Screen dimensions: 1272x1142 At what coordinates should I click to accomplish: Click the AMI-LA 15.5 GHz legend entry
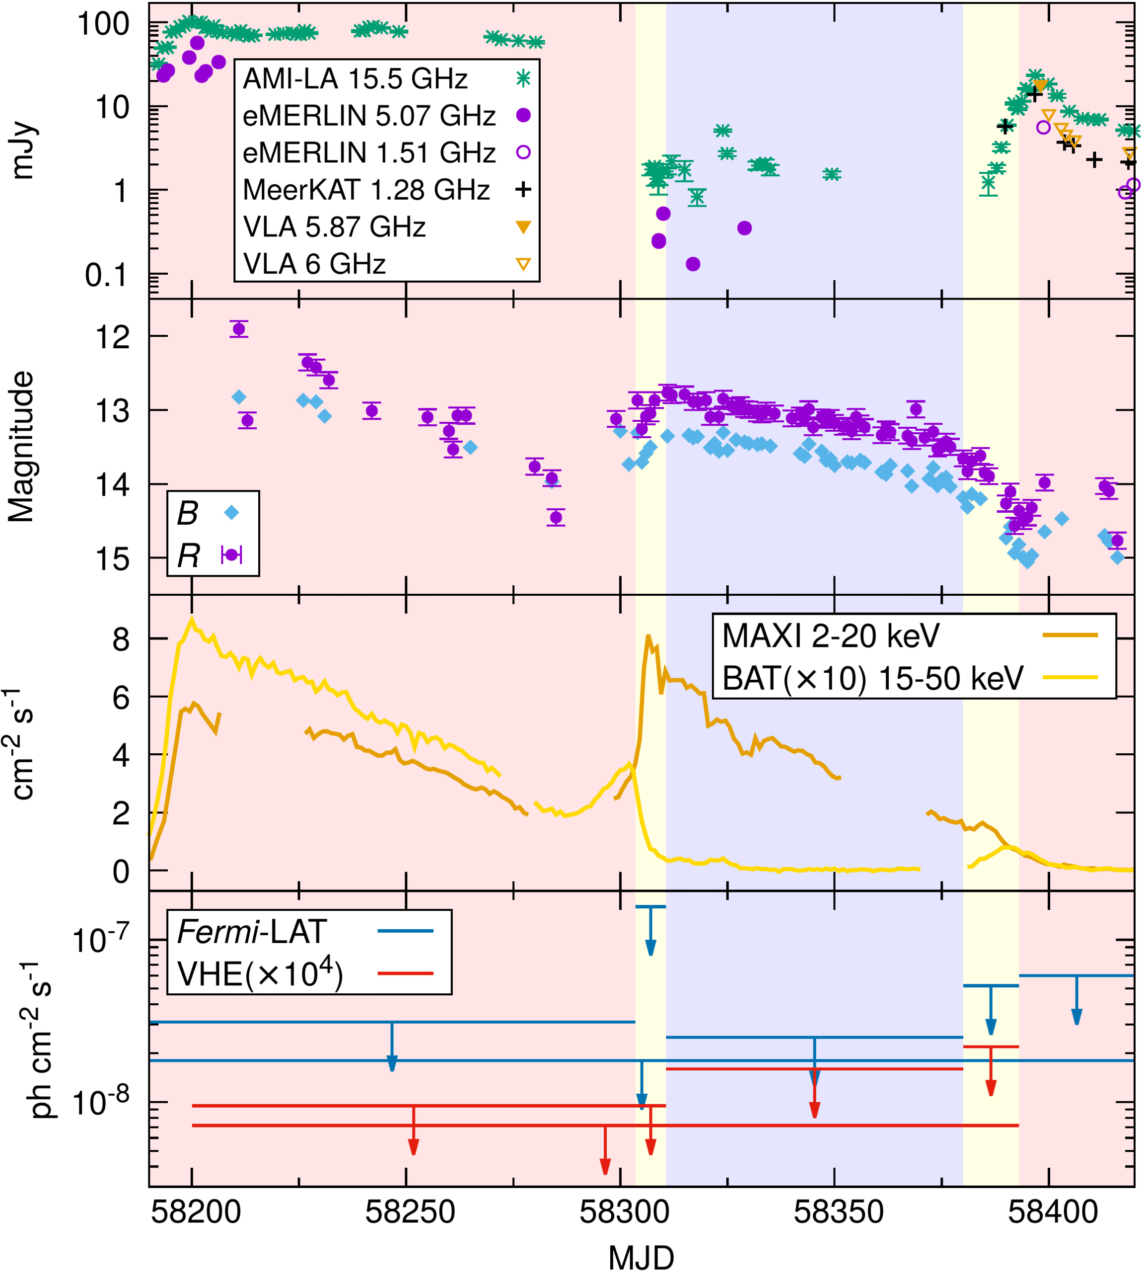coord(355,79)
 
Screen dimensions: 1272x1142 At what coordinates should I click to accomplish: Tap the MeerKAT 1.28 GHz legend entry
coord(366,190)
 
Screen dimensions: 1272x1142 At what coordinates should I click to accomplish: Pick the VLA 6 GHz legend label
coord(314,264)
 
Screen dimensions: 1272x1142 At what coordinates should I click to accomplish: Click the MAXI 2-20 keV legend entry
coord(831,636)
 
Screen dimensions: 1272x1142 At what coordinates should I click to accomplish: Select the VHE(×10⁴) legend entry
coord(260,974)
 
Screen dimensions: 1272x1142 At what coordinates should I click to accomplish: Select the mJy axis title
coord(23,150)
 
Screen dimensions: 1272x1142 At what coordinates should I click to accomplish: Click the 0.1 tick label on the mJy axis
coord(107,275)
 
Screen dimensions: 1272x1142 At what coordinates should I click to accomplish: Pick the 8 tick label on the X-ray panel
coord(121,640)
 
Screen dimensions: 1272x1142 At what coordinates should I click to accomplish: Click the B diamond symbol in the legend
coord(231,512)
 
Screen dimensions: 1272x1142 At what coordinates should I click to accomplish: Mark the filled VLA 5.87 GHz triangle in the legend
coord(523,227)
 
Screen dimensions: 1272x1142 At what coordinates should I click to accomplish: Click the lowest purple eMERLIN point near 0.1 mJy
coord(693,264)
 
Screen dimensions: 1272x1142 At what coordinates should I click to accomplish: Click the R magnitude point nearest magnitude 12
coord(239,329)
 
